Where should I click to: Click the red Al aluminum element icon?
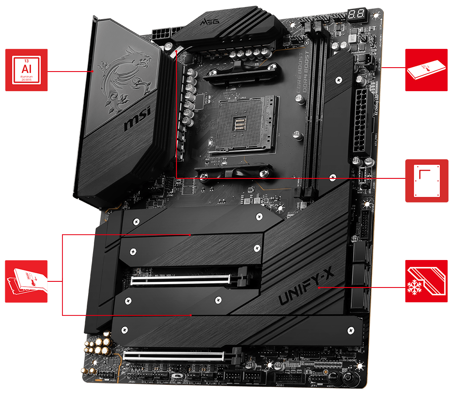tap(26, 70)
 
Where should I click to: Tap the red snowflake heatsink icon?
tap(426, 281)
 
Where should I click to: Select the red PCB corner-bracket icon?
tap(426, 181)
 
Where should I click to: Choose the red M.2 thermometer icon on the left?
tap(26, 281)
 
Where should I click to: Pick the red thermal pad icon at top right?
tap(426, 70)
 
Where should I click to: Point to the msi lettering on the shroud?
tap(138, 120)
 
